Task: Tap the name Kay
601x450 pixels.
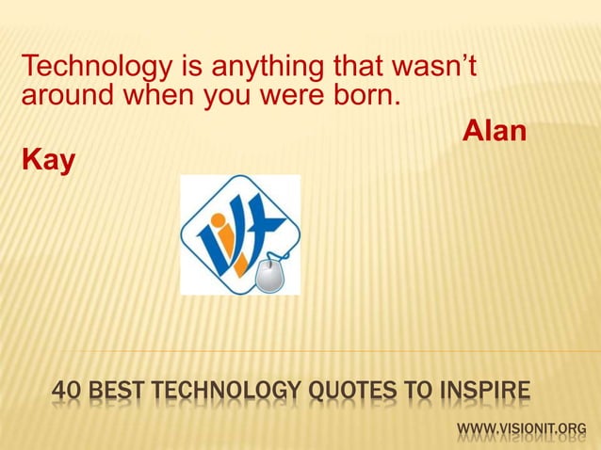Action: point(45,161)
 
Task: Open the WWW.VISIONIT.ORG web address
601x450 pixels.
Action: point(521,432)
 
